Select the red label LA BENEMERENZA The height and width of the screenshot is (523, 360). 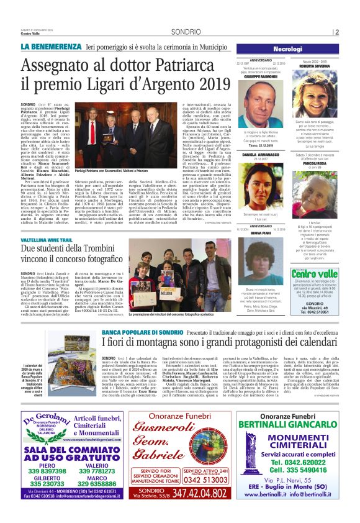pyautogui.click(x=51, y=47)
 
